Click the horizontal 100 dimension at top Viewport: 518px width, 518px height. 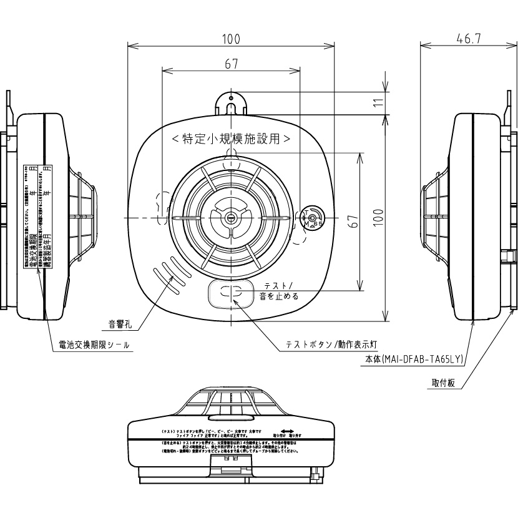coord(231,39)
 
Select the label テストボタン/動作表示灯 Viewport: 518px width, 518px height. coord(330,344)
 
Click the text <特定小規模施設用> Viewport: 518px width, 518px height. coord(232,137)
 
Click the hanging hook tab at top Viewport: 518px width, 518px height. coord(231,104)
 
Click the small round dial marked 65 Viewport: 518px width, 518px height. coord(312,217)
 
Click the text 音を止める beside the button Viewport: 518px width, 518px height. coord(279,296)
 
